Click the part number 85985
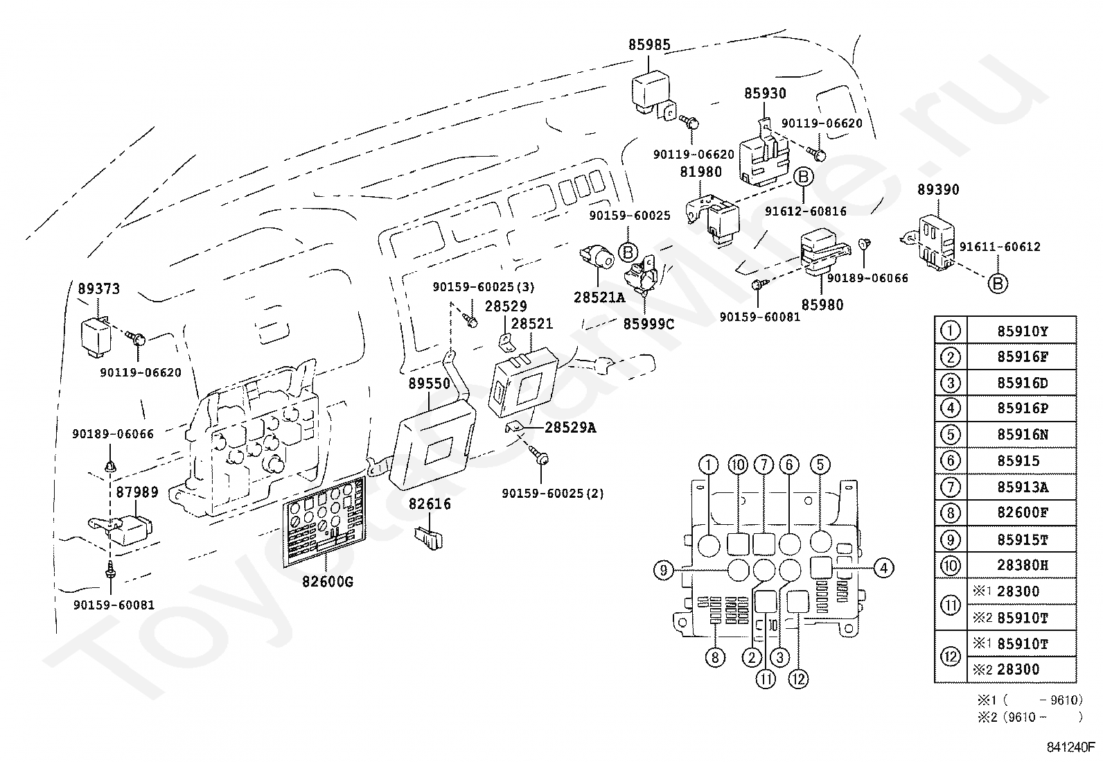tap(649, 45)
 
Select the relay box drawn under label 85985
tap(653, 96)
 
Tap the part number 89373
tap(98, 288)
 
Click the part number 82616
tap(430, 504)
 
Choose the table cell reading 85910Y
tap(1022, 331)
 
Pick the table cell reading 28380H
tap(1022, 565)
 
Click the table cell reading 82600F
tap(1022, 512)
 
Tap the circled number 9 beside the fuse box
tap(663, 570)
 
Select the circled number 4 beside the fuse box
tap(883, 569)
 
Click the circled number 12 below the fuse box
tap(798, 679)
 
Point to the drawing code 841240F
tap(1070, 747)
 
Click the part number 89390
tap(938, 190)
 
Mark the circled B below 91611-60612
tap(998, 284)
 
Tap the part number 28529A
tap(570, 427)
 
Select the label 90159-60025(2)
tap(552, 494)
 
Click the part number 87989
tap(137, 492)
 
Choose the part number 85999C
tap(648, 324)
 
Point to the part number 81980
tap(700, 172)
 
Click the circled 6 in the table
tap(951, 461)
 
